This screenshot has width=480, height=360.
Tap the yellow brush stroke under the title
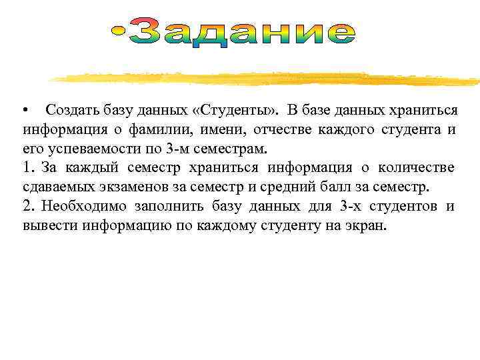click(x=267, y=79)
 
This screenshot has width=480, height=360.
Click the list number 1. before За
click(x=28, y=167)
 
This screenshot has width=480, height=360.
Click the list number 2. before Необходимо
click(x=28, y=205)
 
